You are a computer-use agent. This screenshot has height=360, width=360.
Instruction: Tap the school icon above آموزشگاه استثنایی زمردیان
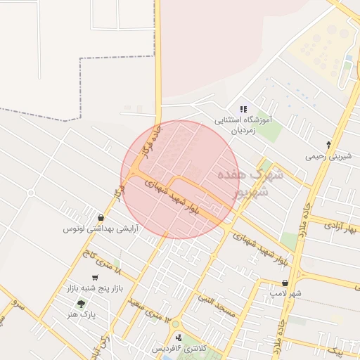pos(243,109)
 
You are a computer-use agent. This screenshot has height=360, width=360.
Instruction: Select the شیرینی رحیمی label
pos(326,156)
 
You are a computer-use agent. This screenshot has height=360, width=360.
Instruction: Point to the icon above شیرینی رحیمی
pos(328,145)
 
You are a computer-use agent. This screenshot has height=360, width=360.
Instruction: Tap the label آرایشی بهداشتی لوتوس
pos(101,229)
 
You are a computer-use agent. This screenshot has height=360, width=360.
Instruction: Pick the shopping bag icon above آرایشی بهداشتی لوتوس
pos(102,217)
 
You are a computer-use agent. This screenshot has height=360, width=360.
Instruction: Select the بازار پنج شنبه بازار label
pos(94,289)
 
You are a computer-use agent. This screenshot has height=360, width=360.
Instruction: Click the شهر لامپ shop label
pos(286,293)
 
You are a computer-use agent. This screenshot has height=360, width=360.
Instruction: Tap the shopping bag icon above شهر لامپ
pos(284,283)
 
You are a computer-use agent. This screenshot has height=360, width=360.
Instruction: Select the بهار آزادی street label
pos(342,227)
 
